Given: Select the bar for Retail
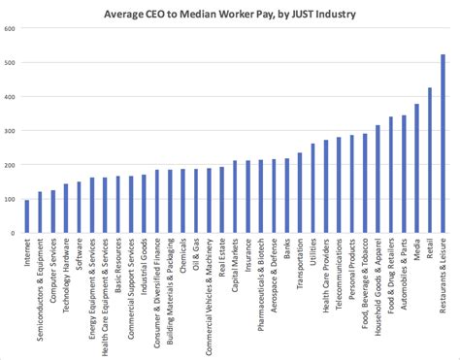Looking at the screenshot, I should [430, 160].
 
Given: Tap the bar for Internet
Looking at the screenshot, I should [27, 216].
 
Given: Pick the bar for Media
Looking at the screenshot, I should [417, 169].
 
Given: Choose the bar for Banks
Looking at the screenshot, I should [287, 196].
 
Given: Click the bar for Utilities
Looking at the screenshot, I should [312, 188].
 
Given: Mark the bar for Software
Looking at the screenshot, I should [80, 208].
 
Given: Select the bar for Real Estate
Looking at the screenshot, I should [222, 200].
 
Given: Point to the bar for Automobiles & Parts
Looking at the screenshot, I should [404, 174].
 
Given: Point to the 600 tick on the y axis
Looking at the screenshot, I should [10, 29].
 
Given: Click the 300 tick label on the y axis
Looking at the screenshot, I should [10, 131].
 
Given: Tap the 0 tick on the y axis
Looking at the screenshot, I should [14, 233].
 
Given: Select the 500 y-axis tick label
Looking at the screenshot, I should [10, 63].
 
